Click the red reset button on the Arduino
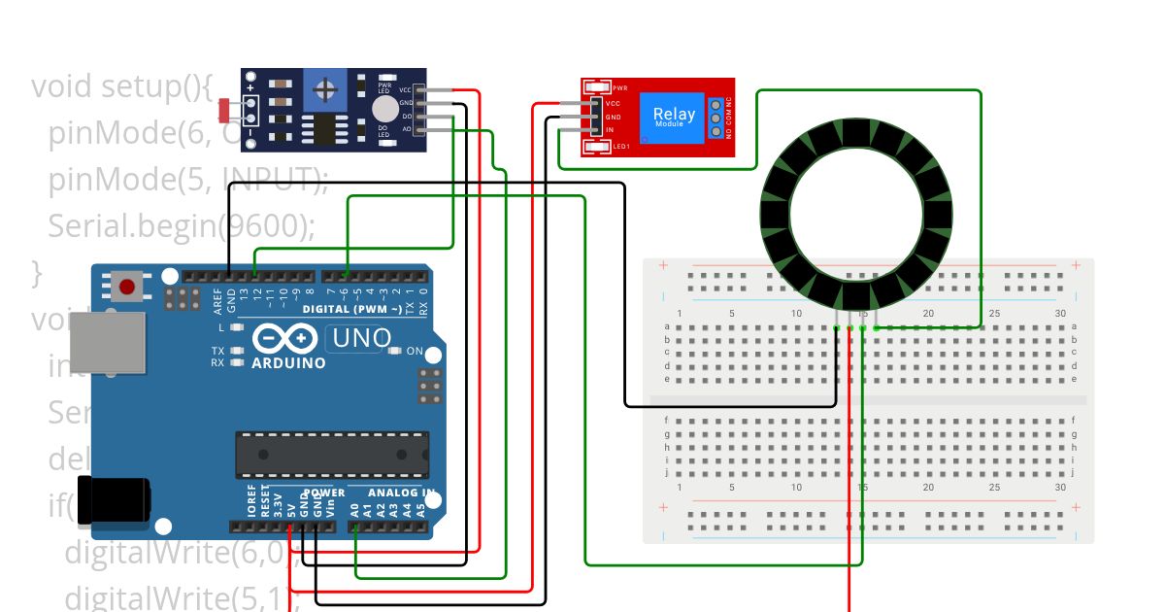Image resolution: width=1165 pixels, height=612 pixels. point(127,287)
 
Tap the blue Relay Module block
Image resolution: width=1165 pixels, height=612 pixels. point(673,116)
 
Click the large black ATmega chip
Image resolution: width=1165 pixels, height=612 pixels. point(331,455)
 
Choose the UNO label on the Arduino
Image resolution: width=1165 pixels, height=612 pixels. point(359,338)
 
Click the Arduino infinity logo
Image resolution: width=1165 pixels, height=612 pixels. point(286,339)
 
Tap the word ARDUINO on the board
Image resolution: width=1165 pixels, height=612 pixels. point(288,363)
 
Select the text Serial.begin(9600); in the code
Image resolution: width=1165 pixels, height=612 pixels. point(182,225)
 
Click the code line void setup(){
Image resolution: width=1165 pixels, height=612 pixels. point(121,86)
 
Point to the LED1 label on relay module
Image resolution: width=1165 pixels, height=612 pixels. point(622,147)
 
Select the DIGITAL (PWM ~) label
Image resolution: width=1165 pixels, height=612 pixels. point(350,309)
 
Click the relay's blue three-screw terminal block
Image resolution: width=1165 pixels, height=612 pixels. point(716,117)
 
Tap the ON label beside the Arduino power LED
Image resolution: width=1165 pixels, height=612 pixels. point(415,351)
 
